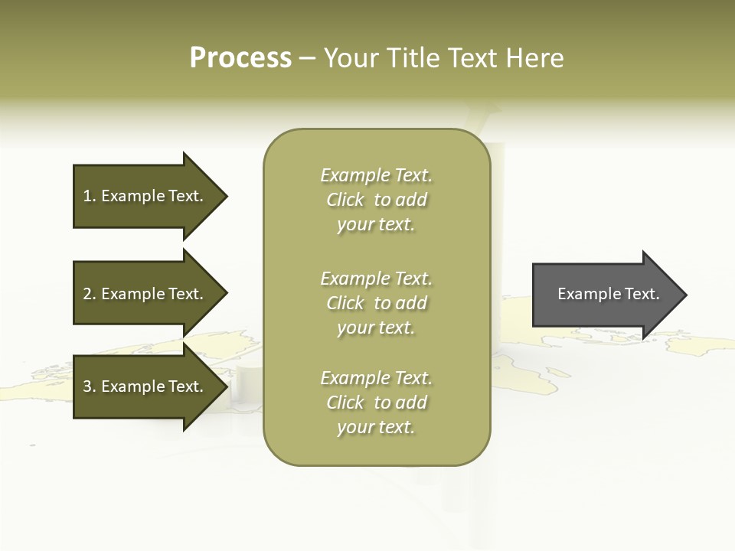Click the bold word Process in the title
click(x=240, y=58)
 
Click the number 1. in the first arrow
click(x=90, y=196)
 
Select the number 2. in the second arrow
click(x=90, y=294)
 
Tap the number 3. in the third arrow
click(x=90, y=386)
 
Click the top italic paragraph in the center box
click(x=377, y=200)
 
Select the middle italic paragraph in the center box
click(x=377, y=303)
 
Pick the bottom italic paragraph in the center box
click(x=377, y=403)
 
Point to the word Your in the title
click(x=350, y=58)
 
